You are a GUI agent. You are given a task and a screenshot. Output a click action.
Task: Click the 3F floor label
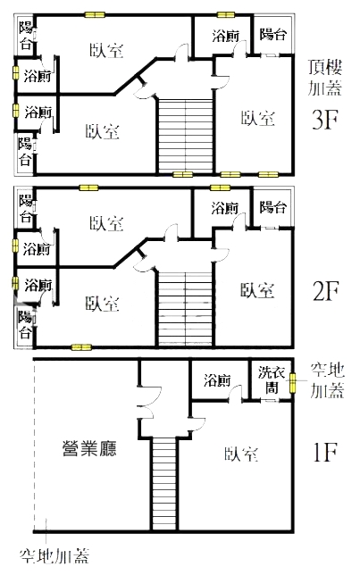point(324,119)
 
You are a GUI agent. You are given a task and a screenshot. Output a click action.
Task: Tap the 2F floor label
point(325,291)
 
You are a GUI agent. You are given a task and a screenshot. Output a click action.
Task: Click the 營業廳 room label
point(89,448)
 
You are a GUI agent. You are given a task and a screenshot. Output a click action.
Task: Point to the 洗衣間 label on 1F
point(272,380)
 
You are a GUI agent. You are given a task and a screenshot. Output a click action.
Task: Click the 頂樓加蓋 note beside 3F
point(325,78)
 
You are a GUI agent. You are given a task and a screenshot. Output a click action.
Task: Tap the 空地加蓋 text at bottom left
point(54,556)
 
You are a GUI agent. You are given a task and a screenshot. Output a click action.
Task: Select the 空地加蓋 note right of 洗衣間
point(327,380)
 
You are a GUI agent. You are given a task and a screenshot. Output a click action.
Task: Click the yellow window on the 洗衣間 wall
point(292,383)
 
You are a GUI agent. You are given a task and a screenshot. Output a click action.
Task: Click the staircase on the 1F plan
point(164,484)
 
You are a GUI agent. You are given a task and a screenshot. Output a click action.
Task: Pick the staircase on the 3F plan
point(186,135)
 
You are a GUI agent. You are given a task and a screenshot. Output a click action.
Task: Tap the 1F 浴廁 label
point(217,380)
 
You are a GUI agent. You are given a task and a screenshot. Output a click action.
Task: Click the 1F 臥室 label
point(241,454)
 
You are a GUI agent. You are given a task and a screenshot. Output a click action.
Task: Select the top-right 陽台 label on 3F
point(273,34)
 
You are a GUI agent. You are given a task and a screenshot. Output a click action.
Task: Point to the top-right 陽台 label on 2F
point(273,207)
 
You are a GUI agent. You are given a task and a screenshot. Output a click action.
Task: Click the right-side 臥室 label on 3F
point(258,118)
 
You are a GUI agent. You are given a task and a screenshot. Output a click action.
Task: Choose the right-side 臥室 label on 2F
point(257,290)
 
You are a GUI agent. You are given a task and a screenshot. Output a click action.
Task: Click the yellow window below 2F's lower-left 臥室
point(81,347)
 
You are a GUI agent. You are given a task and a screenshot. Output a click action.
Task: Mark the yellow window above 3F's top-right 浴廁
point(226,14)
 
